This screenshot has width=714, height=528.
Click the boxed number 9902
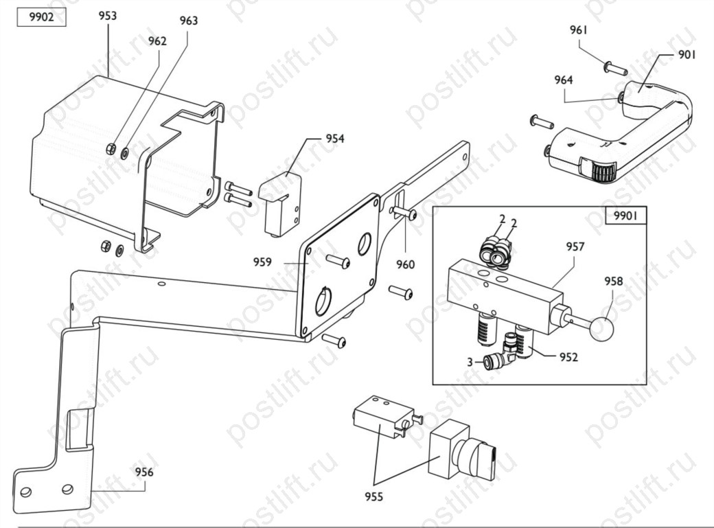click(x=41, y=17)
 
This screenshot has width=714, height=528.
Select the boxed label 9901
click(x=625, y=215)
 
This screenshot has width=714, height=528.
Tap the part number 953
click(x=108, y=16)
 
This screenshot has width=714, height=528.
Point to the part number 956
click(x=144, y=472)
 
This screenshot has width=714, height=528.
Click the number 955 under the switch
click(x=374, y=496)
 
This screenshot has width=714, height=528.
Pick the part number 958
click(x=613, y=281)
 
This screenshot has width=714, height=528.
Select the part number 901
click(x=687, y=55)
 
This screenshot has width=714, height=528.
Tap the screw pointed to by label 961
click(x=616, y=69)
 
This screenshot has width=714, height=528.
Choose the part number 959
click(x=263, y=262)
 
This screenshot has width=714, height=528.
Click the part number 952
click(x=568, y=357)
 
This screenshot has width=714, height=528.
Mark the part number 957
click(x=575, y=246)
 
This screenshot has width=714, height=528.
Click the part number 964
click(x=563, y=80)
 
